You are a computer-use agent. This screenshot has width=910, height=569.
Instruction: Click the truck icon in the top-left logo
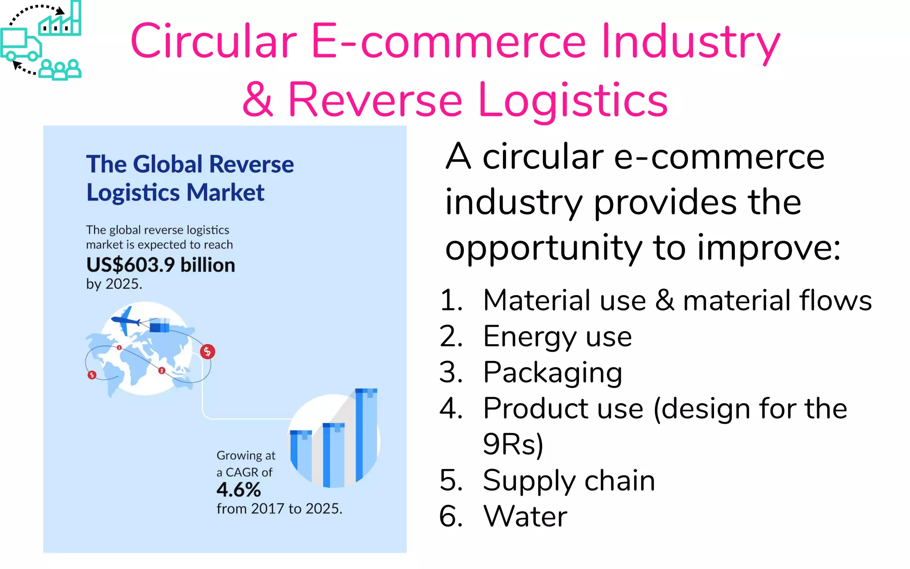(x=20, y=45)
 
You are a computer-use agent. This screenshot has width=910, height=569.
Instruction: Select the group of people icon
(x=60, y=69)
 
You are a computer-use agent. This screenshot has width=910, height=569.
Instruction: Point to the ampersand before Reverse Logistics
(x=257, y=100)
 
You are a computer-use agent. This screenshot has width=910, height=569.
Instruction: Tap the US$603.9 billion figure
(x=160, y=265)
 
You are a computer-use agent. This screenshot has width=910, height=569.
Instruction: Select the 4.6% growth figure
(x=239, y=490)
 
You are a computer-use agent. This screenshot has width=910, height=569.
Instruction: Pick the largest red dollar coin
(x=207, y=352)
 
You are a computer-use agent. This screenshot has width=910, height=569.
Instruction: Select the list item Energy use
(x=557, y=337)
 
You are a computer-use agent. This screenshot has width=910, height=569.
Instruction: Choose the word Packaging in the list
(x=552, y=373)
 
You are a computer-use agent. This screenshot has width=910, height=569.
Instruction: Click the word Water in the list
(x=525, y=517)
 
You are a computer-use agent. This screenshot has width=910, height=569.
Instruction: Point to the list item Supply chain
(x=569, y=481)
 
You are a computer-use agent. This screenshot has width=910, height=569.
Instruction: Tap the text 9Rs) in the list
(x=513, y=445)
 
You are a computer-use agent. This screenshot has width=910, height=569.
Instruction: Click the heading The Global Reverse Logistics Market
(x=190, y=178)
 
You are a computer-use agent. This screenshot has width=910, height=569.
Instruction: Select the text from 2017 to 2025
(x=279, y=509)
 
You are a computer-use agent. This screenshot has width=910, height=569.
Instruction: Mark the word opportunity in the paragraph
(x=543, y=248)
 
